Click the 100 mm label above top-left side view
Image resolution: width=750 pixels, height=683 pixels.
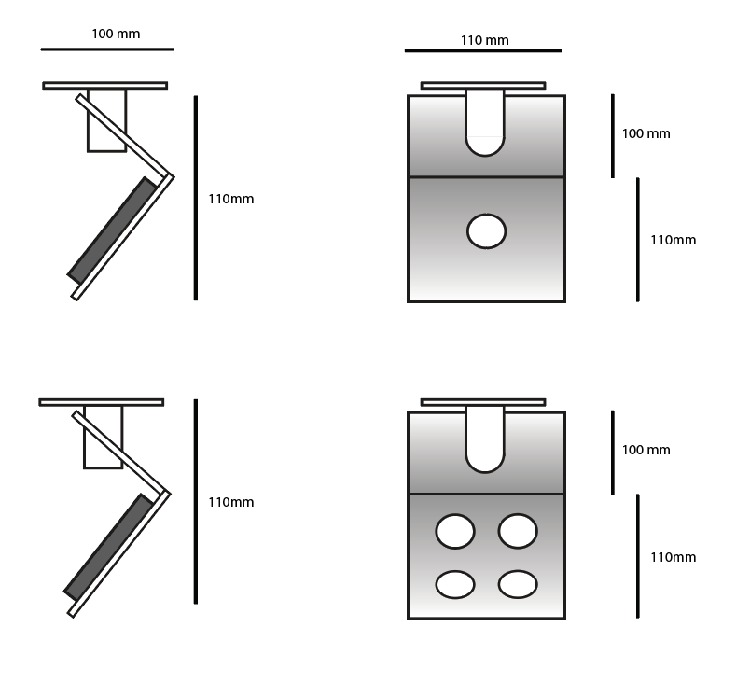pos(116,34)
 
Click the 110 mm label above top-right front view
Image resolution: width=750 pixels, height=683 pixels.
pos(484,40)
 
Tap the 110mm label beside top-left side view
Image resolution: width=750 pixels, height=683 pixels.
pos(230,199)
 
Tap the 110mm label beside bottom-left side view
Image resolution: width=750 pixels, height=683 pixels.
pos(230,502)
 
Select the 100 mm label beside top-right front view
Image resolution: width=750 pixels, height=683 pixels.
pos(646,133)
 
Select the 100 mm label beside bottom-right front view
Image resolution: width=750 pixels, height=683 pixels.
pos(646,450)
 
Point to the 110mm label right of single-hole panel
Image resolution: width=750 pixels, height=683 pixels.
pos(673,240)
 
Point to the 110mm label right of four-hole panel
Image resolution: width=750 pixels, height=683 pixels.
pos(673,557)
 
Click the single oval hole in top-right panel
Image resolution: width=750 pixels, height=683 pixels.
pos(486,231)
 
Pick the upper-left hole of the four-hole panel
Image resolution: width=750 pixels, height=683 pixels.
pos(455,531)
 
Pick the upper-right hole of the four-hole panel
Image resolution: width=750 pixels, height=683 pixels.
pos(518,531)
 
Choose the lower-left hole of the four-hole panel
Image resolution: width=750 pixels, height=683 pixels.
pos(455,585)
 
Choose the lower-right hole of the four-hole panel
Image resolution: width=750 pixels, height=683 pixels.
pos(518,585)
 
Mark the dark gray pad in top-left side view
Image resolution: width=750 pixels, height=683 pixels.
pos(112,230)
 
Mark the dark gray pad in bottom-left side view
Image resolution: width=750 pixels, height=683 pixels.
pos(108,546)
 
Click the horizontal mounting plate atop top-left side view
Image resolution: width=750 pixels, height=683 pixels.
pos(104,85)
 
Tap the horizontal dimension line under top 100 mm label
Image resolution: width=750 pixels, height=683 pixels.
pos(106,49)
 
